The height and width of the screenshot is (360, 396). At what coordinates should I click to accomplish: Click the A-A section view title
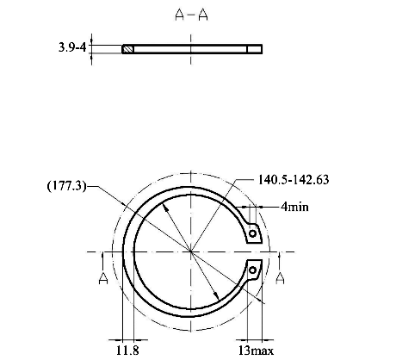click(191, 15)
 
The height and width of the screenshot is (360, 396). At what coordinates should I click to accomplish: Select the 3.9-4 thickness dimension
click(72, 47)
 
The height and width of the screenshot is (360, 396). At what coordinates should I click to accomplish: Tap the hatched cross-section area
click(128, 49)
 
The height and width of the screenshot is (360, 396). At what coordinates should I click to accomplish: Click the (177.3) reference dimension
click(66, 186)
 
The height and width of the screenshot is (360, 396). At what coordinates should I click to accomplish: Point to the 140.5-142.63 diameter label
click(294, 180)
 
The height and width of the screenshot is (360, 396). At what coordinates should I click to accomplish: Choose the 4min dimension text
click(295, 207)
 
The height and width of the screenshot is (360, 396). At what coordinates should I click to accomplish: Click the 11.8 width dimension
click(127, 351)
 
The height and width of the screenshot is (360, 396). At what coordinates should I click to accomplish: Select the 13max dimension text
click(256, 351)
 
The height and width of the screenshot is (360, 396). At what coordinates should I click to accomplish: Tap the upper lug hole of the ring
click(252, 233)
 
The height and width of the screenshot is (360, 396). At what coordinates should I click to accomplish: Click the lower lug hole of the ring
click(252, 270)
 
